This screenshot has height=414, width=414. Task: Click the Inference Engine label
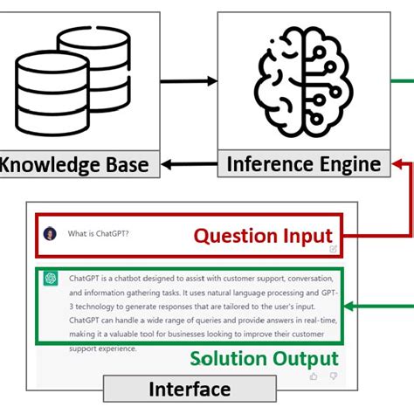303,164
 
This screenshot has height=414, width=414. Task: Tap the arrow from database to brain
187,83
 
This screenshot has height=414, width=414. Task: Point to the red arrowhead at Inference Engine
398,163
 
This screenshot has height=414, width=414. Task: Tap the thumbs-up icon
314,376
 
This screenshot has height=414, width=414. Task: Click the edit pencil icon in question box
333,248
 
